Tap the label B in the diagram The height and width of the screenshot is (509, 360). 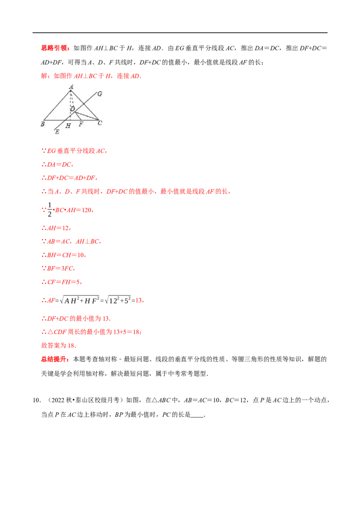coord(42,124)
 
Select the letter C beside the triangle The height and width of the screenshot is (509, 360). coord(100,122)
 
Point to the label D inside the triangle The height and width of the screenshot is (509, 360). coord(72,108)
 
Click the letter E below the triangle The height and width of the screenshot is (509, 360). coord(57,132)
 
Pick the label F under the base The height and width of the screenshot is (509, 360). coord(81,124)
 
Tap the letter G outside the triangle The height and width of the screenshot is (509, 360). coord(99,94)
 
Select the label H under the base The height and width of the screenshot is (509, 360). coord(68,126)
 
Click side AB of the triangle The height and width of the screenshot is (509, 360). coord(57,105)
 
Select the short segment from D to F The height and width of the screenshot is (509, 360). coord(76,116)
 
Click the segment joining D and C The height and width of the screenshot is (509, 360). coord(86,116)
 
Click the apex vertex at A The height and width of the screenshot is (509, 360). coord(71,91)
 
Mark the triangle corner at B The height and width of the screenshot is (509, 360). coord(44,120)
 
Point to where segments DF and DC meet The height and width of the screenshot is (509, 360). coord(74,112)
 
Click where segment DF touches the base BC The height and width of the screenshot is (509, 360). coord(80,120)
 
